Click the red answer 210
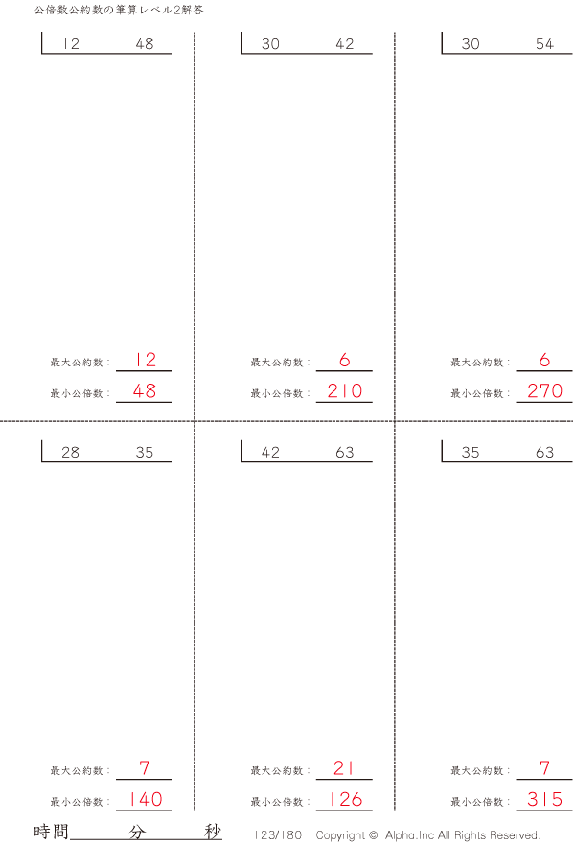pos(345,390)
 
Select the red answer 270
pos(545,390)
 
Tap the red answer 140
pos(146,799)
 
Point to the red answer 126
pos(345,799)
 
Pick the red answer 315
pos(545,799)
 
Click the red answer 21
pos(344,767)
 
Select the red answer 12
pos(145,360)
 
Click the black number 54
pos(544,44)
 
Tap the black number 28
pos(70,452)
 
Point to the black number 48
pos(145,44)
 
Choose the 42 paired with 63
pos(270,452)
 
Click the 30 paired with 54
pos(471,44)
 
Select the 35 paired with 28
pos(145,452)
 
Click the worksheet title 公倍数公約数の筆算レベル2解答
pos(119,11)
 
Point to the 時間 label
pos(51,832)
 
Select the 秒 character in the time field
pos(213,832)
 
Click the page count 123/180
pos(278,835)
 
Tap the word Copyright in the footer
pos(340,835)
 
